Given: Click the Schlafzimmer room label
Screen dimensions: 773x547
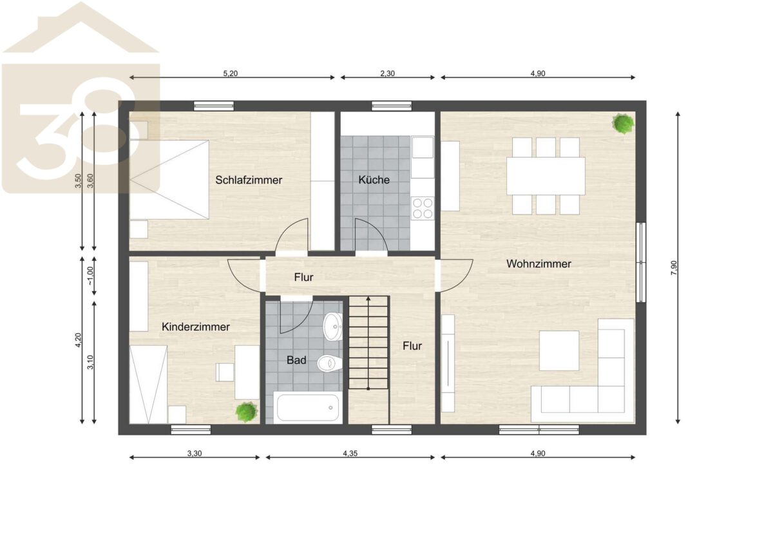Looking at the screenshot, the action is pos(249,180).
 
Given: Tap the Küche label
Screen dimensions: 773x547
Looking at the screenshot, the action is pos(374,180).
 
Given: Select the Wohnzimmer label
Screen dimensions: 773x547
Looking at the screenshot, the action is pos(539,264).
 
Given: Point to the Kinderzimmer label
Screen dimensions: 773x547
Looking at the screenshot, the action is pos(195,327).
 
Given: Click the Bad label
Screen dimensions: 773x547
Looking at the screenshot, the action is pos(296,360).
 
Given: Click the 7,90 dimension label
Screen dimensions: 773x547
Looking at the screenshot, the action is pos(674,267).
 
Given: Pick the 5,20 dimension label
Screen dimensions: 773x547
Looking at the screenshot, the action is pos(230,73).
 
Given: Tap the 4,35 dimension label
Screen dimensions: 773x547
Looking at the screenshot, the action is pos(350,454).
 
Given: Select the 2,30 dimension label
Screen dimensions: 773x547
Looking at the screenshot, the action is pos(387,73).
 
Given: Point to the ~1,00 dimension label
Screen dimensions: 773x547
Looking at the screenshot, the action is pos(90,276).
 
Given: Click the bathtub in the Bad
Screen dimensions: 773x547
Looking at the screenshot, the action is pos(308,408).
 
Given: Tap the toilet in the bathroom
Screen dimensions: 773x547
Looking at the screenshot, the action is pos(330,363).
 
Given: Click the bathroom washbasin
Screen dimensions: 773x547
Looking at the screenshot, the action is pos(332,327).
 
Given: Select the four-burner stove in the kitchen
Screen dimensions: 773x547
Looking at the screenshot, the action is pos(423,208).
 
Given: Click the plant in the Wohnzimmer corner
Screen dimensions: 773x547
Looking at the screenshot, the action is pos(624,123).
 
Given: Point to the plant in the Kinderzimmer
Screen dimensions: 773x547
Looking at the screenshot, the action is pos(246,411).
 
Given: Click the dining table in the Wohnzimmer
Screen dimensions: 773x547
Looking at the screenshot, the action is pos(546,176).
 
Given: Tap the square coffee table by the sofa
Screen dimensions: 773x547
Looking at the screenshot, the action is pos(559,350).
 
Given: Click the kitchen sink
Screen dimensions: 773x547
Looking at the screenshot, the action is pos(423,148).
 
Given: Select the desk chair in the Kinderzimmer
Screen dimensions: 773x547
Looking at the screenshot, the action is pos(225,372).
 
